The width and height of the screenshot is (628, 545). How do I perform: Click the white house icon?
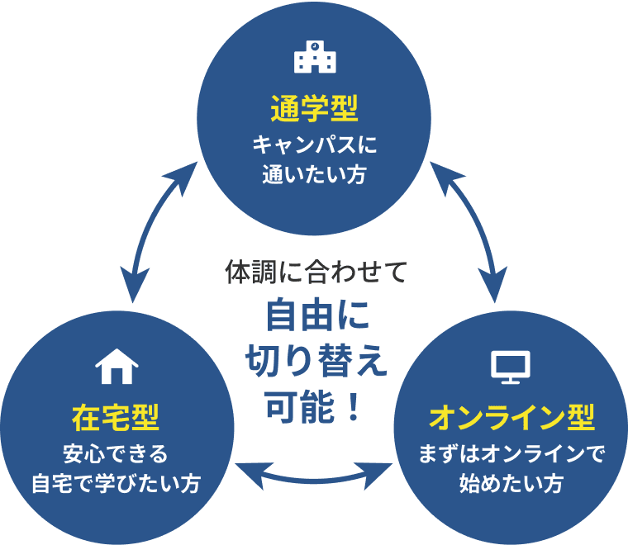point(117,365)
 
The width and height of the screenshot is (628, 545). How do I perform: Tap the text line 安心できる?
point(116,453)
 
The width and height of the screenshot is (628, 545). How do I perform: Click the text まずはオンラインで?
point(511,453)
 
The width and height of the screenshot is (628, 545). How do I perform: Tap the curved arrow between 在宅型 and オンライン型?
point(314,474)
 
